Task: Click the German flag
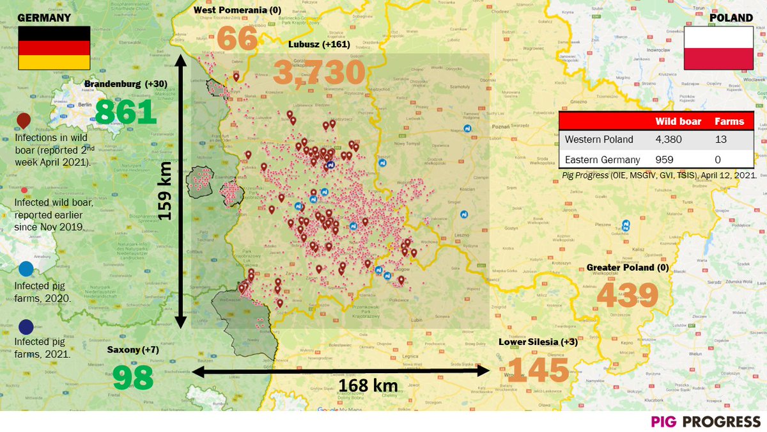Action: [x=54, y=48]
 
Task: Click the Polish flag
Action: [x=719, y=48]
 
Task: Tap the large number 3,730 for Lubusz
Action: [x=319, y=73]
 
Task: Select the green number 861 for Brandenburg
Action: [x=126, y=112]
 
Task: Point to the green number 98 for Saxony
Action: [x=133, y=378]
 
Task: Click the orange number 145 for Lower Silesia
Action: [x=538, y=370]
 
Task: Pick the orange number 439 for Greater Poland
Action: [x=628, y=295]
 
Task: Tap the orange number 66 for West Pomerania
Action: [x=238, y=39]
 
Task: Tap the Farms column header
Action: [x=729, y=121]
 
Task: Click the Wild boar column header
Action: [x=678, y=121]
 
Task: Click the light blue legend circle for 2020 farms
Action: [x=26, y=269]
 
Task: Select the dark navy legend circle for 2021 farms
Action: [x=26, y=327]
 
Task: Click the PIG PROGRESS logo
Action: [x=706, y=421]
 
